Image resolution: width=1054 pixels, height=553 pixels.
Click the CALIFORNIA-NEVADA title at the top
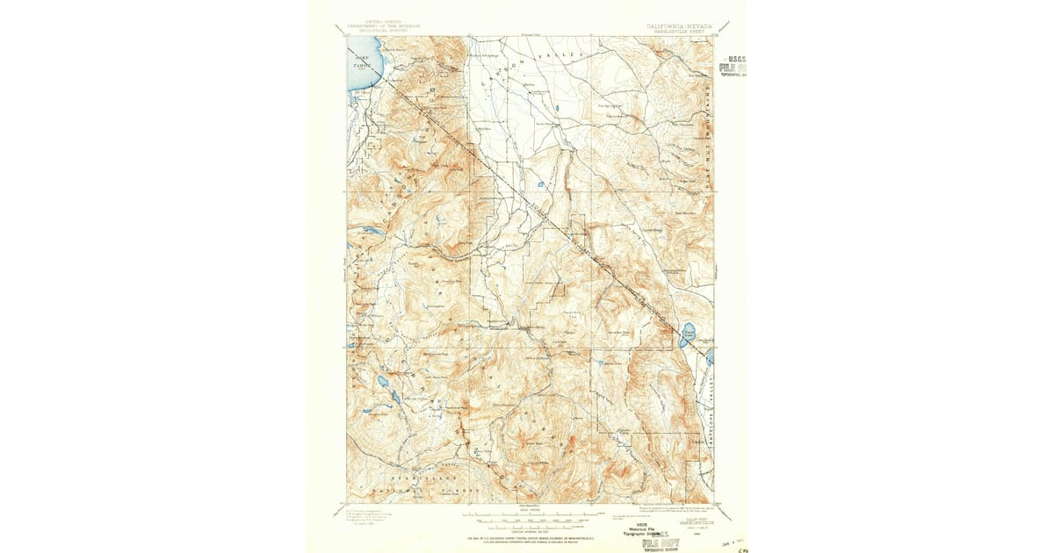(680, 26)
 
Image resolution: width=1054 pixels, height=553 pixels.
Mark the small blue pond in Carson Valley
(559, 109)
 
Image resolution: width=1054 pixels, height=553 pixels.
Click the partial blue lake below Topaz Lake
(710, 356)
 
